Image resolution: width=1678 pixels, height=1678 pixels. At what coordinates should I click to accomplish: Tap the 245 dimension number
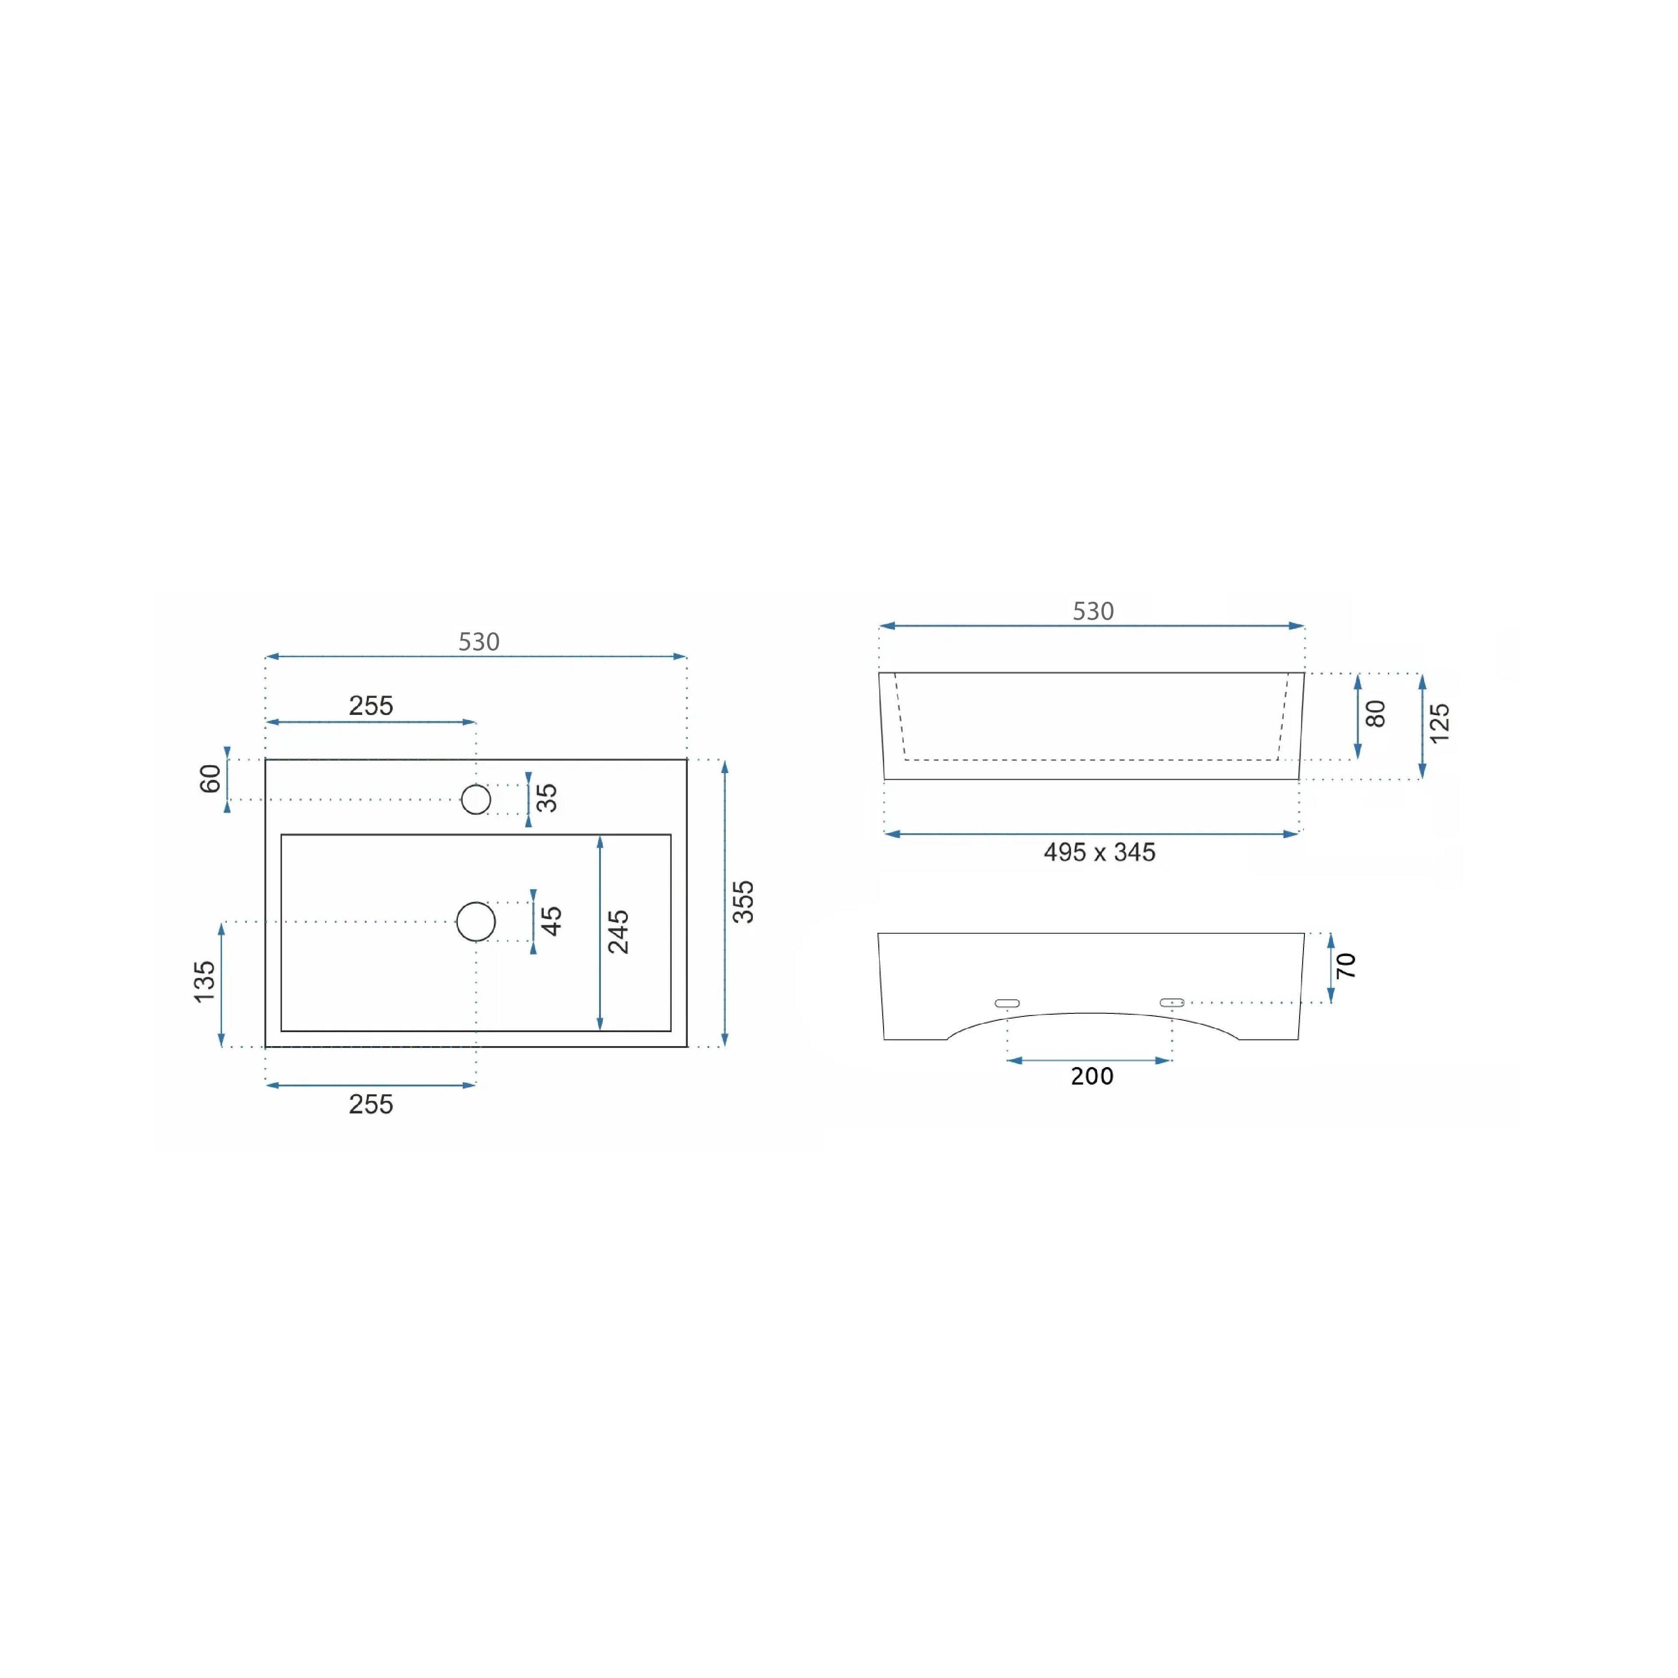click(618, 932)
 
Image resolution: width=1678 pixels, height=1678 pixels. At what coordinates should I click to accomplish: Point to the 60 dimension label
click(210, 779)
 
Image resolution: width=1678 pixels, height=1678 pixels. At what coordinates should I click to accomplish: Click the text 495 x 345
click(1099, 852)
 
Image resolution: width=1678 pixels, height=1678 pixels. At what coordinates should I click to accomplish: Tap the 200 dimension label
click(1092, 1076)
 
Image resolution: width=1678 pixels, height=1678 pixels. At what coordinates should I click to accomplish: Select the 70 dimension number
click(1345, 965)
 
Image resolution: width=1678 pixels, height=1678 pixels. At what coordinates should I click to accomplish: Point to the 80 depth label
click(1376, 714)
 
